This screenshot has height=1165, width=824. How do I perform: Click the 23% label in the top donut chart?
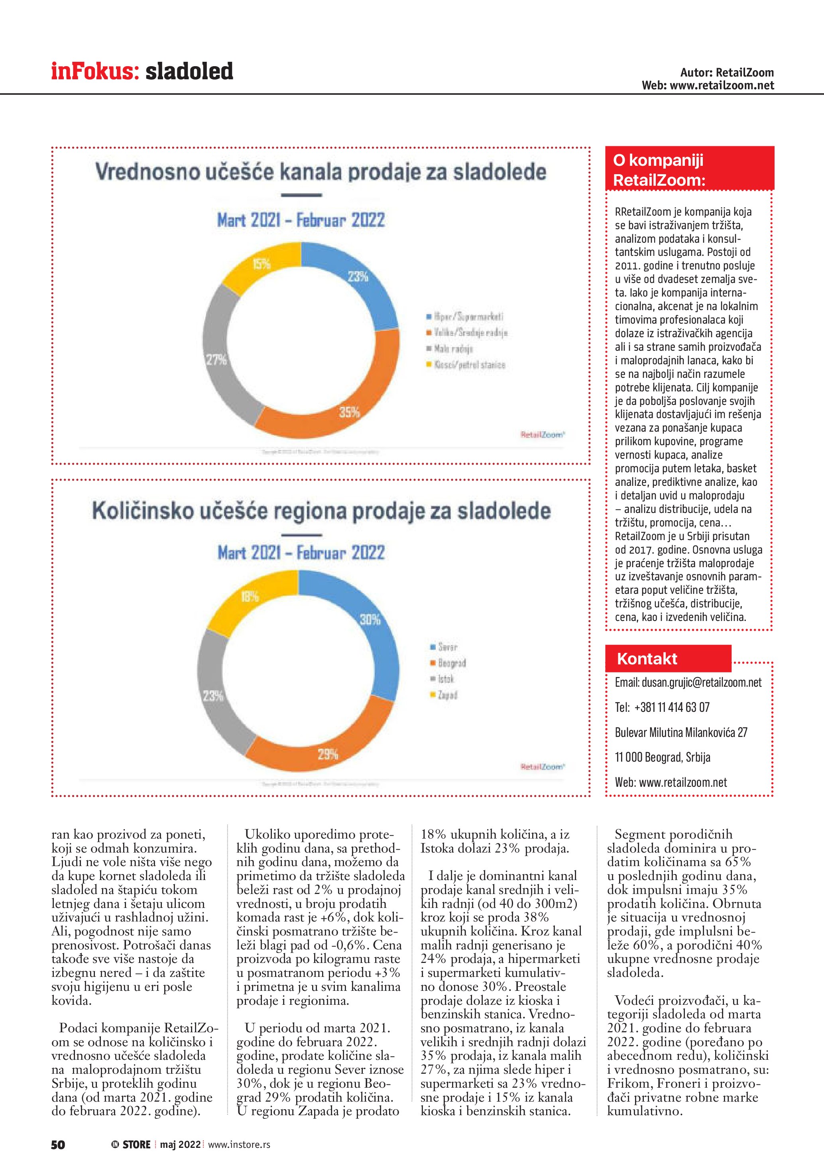358,277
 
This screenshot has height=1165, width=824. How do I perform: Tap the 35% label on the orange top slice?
350,412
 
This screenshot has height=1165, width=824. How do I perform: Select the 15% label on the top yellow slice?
262,264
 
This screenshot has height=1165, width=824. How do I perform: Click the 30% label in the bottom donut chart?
370,619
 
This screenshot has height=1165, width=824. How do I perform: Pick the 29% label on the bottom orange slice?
328,754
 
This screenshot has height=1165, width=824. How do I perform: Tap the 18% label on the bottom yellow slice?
250,597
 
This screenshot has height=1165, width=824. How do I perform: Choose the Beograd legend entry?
448,663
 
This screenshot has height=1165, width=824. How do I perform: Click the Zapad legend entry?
444,695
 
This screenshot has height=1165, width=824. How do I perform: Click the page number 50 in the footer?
58,1144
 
